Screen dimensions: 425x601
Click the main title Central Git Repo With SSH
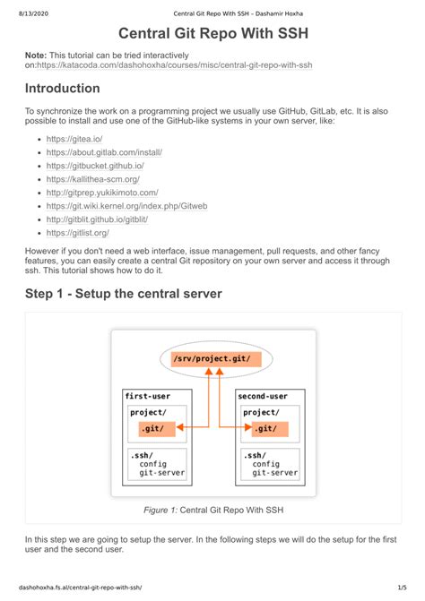(x=212, y=36)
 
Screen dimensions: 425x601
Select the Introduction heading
(x=62, y=89)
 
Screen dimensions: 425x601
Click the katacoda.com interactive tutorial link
(x=175, y=65)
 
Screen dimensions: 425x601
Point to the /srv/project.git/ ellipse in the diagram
(x=212, y=359)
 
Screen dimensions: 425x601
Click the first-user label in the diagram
(x=147, y=395)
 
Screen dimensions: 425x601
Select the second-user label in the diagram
(x=263, y=395)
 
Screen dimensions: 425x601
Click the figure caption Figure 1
(x=212, y=510)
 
